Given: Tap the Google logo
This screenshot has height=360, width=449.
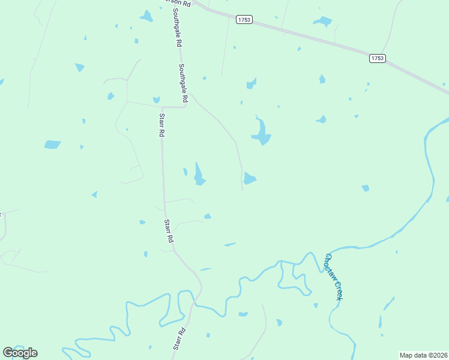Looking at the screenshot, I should pyautogui.click(x=20, y=353).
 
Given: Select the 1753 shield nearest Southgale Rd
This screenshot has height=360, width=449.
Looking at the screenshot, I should pyautogui.click(x=244, y=20).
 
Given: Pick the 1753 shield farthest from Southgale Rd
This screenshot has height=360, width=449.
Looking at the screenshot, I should pyautogui.click(x=377, y=58).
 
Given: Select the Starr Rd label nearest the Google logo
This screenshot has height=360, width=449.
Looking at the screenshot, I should pyautogui.click(x=179, y=338).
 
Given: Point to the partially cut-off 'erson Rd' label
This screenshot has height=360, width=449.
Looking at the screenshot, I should pyautogui.click(x=178, y=4).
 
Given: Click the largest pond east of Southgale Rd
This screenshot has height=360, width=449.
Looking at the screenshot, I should pyautogui.click(x=261, y=132).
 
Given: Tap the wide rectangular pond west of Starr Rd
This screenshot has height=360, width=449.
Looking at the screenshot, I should pyautogui.click(x=52, y=145).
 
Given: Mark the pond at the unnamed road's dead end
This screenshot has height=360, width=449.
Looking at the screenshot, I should pyautogui.click(x=249, y=179).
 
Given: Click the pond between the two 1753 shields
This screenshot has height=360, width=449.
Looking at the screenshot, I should pyautogui.click(x=322, y=22).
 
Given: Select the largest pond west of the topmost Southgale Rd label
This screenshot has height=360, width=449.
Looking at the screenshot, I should pyautogui.click(x=146, y=16).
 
